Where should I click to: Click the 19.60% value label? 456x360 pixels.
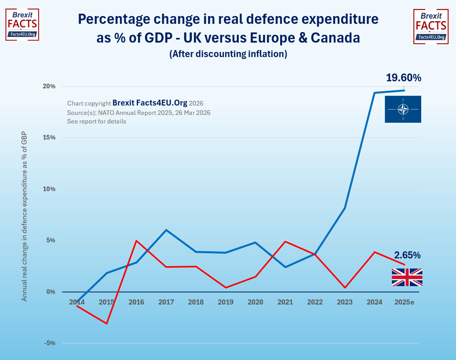404,78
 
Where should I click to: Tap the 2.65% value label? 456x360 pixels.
407,255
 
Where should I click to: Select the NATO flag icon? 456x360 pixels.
403,109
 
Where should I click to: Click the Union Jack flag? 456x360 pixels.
407,277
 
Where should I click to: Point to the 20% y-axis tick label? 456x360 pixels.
50,86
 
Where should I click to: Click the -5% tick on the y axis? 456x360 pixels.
50,343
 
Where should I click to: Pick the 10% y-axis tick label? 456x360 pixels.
50,189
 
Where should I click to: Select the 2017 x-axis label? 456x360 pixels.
166,302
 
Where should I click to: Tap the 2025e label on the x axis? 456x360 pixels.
404,302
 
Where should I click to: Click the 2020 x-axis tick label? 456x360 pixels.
256,302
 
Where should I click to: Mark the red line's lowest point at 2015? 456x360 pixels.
107,324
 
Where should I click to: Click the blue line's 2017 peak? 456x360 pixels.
166,230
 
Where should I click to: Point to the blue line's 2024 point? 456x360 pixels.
374,93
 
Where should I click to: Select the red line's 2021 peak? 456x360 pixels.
285,242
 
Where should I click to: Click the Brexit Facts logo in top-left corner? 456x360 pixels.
22,24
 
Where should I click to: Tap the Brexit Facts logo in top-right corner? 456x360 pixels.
431,26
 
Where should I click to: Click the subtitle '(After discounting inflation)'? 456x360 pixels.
228,54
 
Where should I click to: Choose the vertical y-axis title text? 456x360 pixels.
24,216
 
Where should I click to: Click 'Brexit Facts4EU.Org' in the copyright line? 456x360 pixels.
150,103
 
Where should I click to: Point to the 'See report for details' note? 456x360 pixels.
97,121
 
